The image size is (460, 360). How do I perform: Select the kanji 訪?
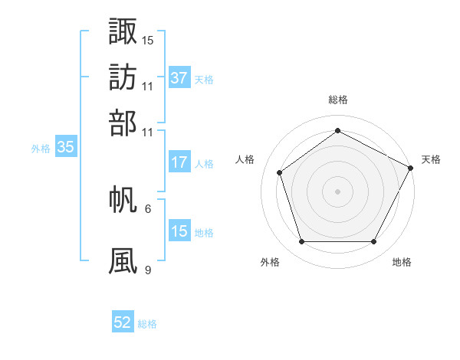123,77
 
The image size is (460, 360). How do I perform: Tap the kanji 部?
123,123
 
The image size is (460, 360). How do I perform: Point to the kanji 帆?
123,199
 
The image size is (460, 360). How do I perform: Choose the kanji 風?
123,260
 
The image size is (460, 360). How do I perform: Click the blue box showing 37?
179,78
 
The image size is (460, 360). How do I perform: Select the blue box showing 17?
179,162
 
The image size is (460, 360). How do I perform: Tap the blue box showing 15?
179,231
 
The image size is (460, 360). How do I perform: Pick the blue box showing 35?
65,148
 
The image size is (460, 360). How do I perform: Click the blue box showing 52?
123,323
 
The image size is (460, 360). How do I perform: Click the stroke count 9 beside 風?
148,270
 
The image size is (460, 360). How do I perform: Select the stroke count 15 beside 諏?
148,40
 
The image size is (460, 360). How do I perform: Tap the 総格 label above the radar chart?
338,100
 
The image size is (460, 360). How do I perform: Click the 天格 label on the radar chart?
431,159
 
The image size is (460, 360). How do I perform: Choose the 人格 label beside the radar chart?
245,159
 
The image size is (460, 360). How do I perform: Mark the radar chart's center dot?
338,191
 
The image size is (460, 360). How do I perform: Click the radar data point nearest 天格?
412,167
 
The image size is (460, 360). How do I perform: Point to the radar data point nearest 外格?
301,242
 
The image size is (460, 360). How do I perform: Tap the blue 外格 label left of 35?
41,149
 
